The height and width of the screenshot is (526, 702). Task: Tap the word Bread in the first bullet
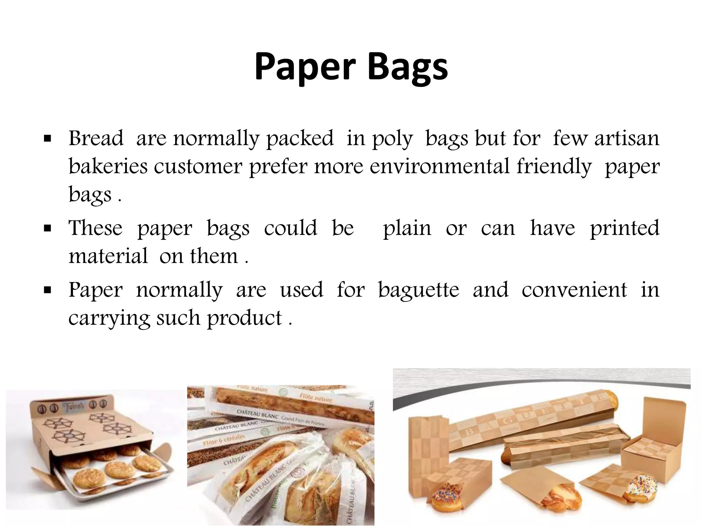[x=96, y=138]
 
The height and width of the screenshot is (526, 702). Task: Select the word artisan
[x=627, y=138]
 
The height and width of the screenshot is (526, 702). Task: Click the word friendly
[x=554, y=166]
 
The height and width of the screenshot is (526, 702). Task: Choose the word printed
[x=625, y=228]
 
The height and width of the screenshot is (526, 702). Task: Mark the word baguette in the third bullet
[x=419, y=290]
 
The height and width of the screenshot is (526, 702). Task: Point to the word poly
[x=392, y=139]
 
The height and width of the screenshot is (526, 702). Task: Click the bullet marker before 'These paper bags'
[x=47, y=228]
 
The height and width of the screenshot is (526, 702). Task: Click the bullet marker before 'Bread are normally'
[x=47, y=139]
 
